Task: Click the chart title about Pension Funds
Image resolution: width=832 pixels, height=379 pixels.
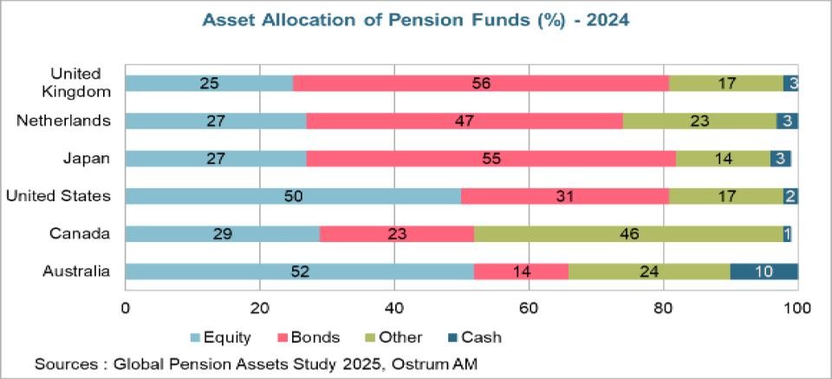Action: [x=415, y=20]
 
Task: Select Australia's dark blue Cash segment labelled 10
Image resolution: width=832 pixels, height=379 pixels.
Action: [x=764, y=271]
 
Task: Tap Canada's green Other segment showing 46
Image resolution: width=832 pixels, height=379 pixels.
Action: [x=628, y=234]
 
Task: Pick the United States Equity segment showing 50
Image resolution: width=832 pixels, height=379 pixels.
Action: [x=293, y=196]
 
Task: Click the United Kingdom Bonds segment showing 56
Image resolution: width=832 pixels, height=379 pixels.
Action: [x=481, y=83]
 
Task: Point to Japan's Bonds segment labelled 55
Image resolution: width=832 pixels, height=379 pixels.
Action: [x=491, y=159]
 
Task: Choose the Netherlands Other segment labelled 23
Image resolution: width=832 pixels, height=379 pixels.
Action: [x=699, y=121]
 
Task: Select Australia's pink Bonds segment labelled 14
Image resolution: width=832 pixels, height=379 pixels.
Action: [x=521, y=271]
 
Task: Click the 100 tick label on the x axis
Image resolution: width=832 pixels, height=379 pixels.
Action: [x=796, y=308]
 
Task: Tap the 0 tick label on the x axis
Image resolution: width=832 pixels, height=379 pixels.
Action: [x=126, y=308]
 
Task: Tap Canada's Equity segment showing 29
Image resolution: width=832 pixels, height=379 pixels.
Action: [x=222, y=234]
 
